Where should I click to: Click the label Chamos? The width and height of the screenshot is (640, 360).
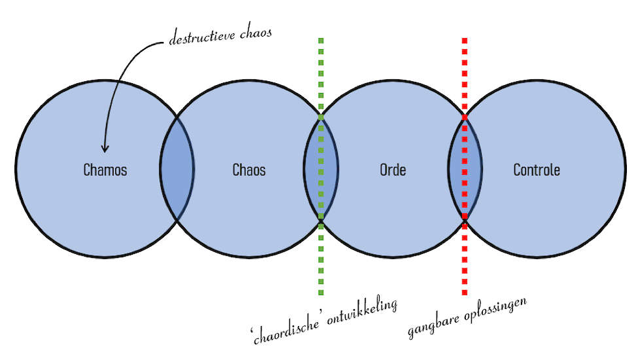coord(105,170)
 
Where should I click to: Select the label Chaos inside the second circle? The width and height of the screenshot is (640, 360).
coord(249,170)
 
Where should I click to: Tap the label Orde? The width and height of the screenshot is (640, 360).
coord(393,170)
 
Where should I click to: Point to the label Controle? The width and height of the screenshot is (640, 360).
coord(537,170)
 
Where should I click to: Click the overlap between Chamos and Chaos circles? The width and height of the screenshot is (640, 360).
coord(177,169)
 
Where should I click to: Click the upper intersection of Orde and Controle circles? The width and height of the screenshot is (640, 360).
coord(465,117)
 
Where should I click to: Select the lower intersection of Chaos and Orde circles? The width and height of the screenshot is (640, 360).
coord(321,222)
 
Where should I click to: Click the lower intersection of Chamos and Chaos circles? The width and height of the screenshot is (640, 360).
coord(177,221)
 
